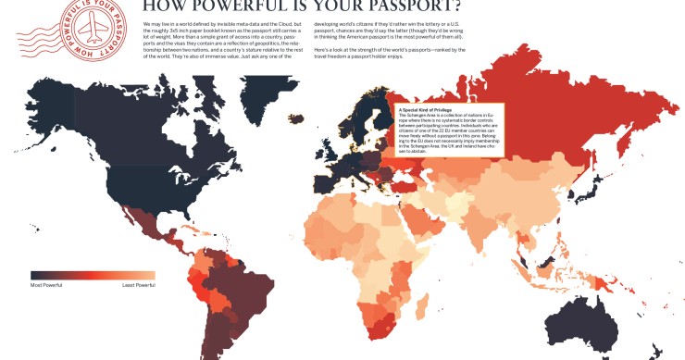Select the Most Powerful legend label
click(47, 285)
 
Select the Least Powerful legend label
click(139, 285)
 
